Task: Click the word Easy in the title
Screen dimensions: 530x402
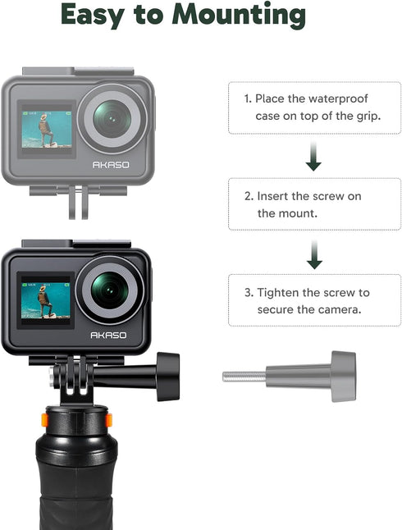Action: [94, 14]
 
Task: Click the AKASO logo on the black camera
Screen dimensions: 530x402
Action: [108, 335]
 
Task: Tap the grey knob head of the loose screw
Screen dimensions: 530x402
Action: [343, 377]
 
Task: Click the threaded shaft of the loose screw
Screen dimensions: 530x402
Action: [244, 377]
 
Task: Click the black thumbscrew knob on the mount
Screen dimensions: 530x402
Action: [167, 376]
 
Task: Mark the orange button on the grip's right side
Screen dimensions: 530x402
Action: [107, 420]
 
